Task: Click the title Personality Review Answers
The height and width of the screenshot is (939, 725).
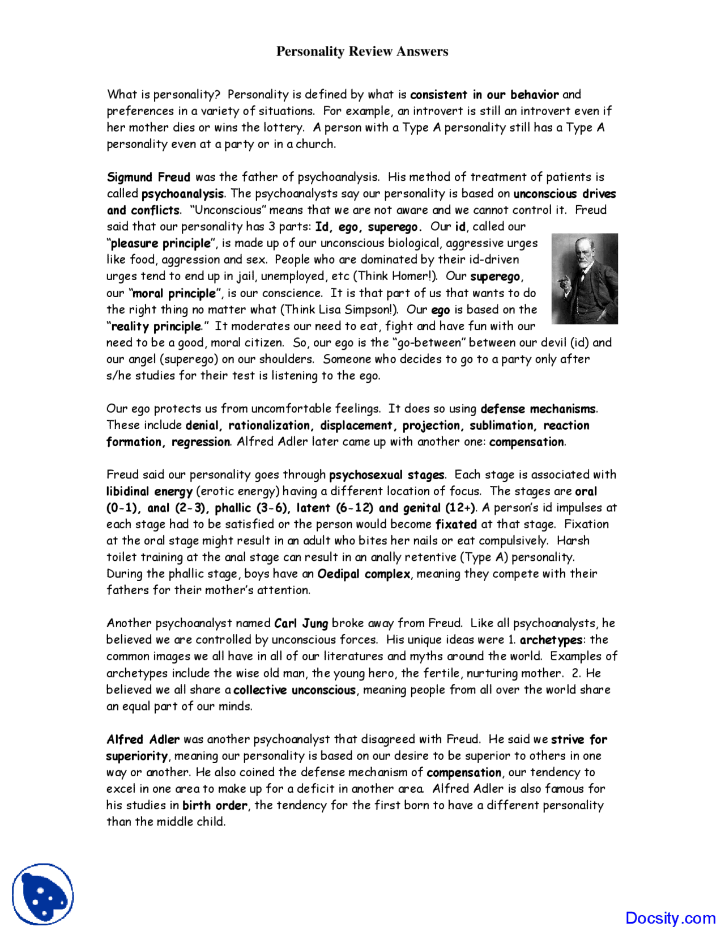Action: coord(362,52)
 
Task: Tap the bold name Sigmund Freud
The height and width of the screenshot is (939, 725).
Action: coord(148,177)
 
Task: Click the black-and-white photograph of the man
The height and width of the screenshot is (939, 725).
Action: coord(585,278)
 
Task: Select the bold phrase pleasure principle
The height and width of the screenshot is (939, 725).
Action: coord(161,243)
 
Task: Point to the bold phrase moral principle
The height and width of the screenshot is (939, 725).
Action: coord(174,293)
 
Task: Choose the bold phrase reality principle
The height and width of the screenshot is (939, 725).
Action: coord(156,326)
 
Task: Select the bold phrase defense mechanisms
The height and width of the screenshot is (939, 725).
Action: coord(538,409)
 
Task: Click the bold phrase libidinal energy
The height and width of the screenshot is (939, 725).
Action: coord(150,491)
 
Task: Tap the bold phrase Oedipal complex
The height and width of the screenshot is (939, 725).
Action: coord(364,574)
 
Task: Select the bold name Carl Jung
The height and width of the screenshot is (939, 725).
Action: coord(301,623)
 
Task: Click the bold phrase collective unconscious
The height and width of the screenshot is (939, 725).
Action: coord(295,690)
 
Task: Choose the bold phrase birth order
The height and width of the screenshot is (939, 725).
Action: coord(215,805)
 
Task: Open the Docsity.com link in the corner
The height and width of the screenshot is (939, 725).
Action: coord(670,917)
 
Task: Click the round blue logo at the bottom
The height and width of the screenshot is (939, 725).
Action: coord(43,895)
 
